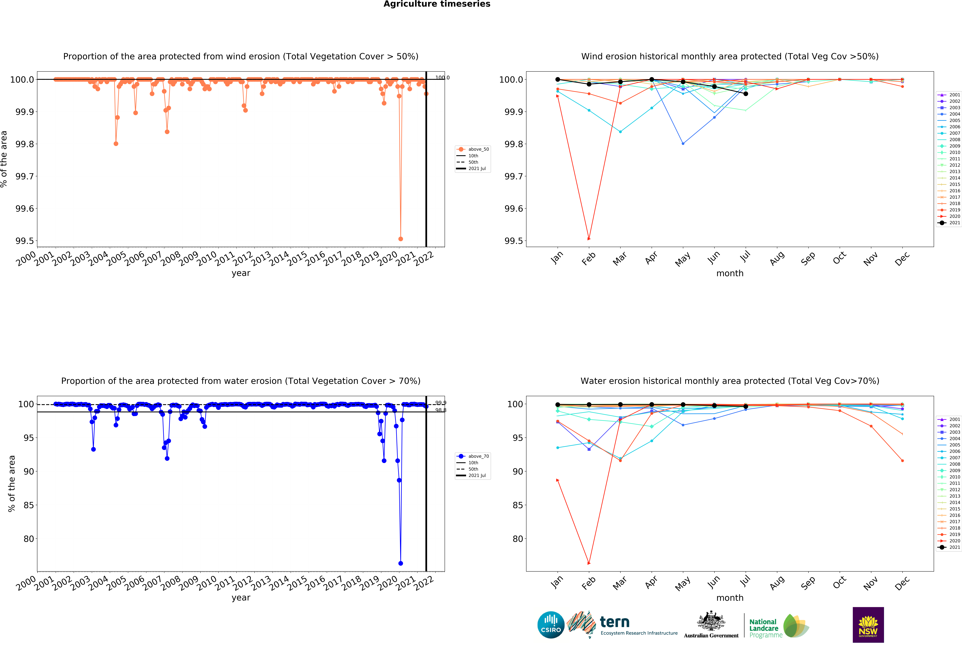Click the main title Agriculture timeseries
coord(437,4)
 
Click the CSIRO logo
coord(551,625)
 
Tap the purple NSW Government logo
coord(868,625)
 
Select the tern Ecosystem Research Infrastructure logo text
coord(638,626)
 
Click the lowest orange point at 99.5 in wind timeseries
coord(400,239)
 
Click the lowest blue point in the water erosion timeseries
coord(400,563)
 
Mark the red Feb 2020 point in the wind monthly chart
coord(589,239)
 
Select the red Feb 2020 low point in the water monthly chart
coord(589,563)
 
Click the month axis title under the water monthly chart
coord(730,598)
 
